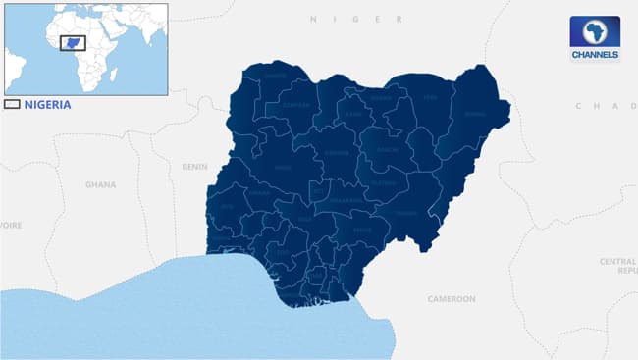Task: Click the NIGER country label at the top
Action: pos(355,19)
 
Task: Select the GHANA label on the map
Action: pos(100,184)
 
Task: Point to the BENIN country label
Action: pos(195,167)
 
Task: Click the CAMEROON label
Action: pos(452,298)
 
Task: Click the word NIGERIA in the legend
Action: pos(47,104)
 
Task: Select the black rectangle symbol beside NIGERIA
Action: pos(12,104)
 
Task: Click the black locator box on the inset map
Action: pos(73,43)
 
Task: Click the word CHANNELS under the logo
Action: pos(595,55)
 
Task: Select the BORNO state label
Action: pos(475,114)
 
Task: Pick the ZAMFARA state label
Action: pos(295,104)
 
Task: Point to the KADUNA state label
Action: pos(337,154)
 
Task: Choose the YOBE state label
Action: pos(430,98)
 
